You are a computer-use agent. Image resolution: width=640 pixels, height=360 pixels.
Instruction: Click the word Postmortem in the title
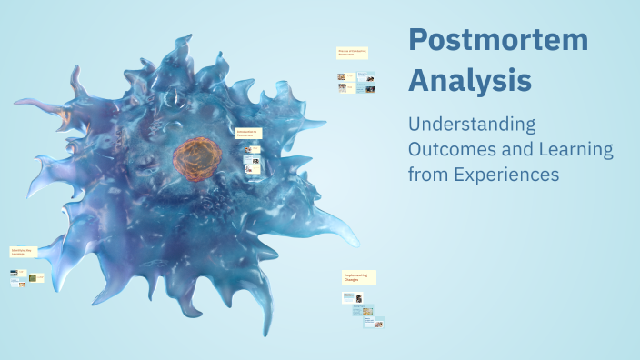coord(497,40)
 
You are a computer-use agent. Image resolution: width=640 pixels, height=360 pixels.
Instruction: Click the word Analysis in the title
coord(470,80)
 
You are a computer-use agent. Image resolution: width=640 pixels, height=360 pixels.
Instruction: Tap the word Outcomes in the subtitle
coord(451,149)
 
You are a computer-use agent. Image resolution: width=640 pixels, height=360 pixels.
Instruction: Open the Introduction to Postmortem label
coord(248,133)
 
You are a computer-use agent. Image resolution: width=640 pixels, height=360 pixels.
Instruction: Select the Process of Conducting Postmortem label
coord(352,53)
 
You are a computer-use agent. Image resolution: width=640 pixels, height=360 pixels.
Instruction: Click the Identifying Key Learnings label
coord(23,251)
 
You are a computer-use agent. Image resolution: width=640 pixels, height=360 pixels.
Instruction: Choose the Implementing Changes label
coord(359,277)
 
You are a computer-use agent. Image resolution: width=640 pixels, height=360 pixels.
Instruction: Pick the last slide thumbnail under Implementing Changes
coord(373,321)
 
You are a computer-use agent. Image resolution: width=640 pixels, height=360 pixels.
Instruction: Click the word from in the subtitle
coord(425,174)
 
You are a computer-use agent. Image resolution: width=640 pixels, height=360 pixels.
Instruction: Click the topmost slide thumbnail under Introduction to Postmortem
coord(255,148)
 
